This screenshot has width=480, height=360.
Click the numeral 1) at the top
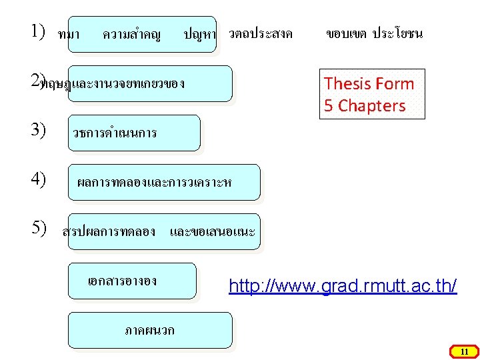37,31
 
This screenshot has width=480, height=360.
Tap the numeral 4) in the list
37,179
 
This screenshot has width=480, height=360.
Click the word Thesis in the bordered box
347,84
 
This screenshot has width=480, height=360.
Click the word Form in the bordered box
394,84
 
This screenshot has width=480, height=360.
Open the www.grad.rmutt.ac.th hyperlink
343,287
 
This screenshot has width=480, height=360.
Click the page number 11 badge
465,351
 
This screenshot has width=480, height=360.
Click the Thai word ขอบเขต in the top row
347,33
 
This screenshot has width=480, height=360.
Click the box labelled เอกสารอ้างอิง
133,280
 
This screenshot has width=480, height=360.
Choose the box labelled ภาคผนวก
151,331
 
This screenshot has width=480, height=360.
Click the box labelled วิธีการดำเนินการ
134,133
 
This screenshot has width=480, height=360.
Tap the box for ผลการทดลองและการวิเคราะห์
164,183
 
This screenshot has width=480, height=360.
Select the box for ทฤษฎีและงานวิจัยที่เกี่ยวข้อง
150,84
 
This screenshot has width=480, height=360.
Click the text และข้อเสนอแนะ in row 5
212,231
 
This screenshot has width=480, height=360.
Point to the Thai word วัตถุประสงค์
260,33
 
